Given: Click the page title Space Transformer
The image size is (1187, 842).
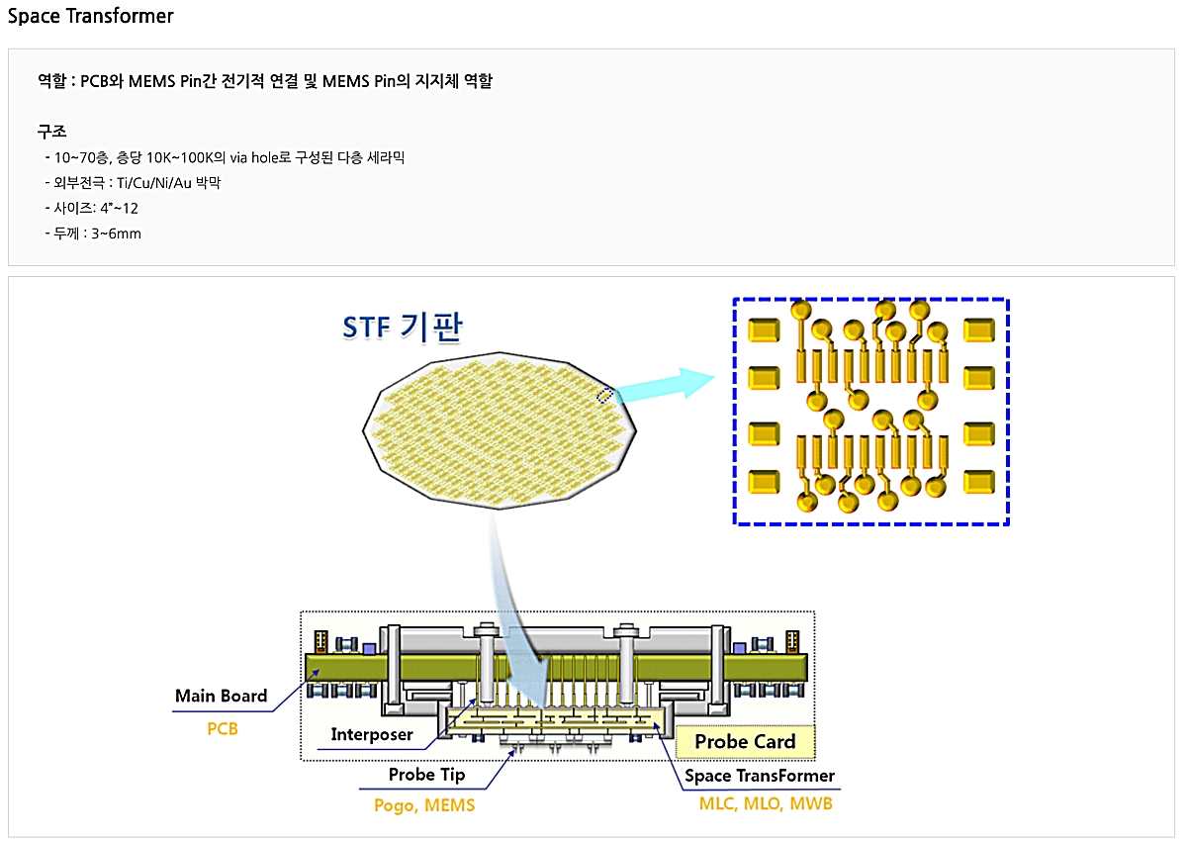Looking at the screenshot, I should click(91, 16).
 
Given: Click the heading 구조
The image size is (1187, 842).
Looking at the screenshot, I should click(51, 131).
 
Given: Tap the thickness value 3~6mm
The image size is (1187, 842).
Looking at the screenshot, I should click(116, 234).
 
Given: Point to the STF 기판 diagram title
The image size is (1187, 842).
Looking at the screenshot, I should click(402, 327).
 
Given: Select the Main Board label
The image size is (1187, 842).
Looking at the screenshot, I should click(221, 696).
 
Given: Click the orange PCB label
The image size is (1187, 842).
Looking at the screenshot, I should click(223, 729).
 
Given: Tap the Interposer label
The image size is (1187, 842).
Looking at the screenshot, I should click(371, 735).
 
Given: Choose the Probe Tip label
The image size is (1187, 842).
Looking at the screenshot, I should click(426, 775).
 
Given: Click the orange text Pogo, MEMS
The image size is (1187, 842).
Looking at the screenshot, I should click(424, 805).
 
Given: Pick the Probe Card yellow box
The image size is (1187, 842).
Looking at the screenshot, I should click(745, 741).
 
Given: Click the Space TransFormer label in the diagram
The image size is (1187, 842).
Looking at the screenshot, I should click(760, 776).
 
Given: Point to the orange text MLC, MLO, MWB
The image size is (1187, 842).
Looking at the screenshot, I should click(766, 803).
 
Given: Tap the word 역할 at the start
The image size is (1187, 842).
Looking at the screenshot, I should click(51, 81).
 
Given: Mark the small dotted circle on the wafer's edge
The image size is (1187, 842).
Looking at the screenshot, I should click(605, 396).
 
